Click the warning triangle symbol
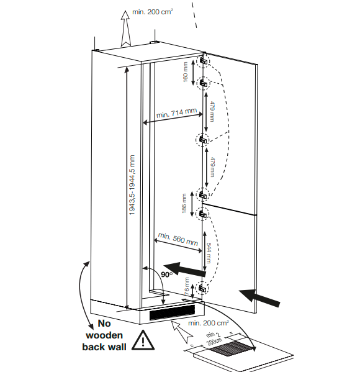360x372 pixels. [143, 341]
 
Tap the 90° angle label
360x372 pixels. [167, 274]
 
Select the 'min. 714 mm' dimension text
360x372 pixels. [177, 112]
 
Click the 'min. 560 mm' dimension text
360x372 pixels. [178, 239]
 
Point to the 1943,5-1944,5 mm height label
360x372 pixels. [132, 185]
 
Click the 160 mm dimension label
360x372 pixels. [185, 72]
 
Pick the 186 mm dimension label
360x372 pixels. [184, 203]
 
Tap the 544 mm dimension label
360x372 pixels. [209, 253]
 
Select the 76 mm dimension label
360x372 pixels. [187, 286]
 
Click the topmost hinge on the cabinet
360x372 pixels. [204, 61]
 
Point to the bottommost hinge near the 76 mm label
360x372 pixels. [202, 289]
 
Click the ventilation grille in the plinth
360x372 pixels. [172, 312]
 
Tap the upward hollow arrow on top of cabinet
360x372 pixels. [125, 28]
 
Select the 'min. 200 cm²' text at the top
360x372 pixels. [153, 12]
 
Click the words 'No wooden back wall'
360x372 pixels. [104, 335]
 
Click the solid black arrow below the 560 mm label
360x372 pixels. [185, 268]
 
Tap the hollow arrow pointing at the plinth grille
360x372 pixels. [181, 332]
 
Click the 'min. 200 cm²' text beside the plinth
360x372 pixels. [209, 323]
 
